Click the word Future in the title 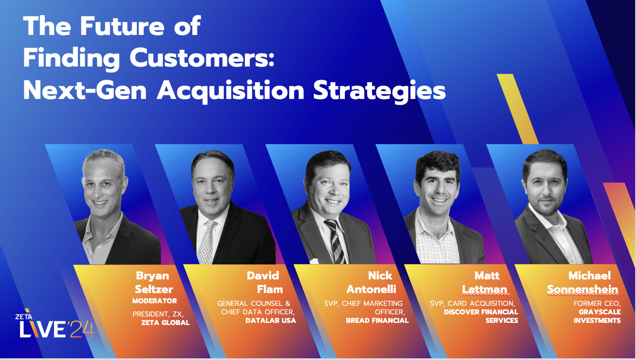pos(122,26)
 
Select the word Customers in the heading pos(202,58)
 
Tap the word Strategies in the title pos(379,90)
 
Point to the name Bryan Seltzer pos(153,282)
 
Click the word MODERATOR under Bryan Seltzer pos(154,301)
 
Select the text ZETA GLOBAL pos(165,322)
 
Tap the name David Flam pos(264,282)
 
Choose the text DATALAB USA pos(270,320)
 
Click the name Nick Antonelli pos(372,282)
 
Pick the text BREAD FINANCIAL pos(377,320)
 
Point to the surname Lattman pos(485,290)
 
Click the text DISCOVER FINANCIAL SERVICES pos(481,316)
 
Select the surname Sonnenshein pos(582,290)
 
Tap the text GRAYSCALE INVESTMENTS pos(597,316)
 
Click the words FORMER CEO pos(597,303)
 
